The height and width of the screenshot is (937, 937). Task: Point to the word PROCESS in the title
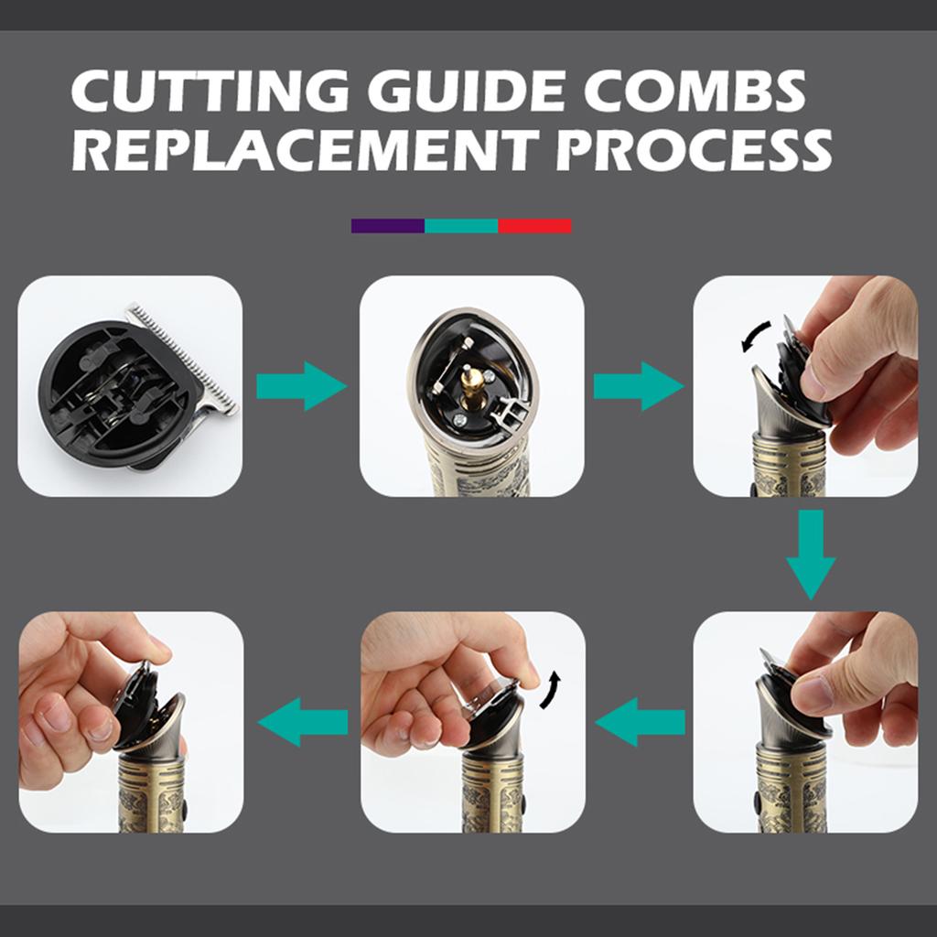pyautogui.click(x=695, y=150)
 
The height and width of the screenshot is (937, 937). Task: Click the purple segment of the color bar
pyautogui.click(x=387, y=225)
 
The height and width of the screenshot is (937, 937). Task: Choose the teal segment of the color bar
pyautogui.click(x=461, y=225)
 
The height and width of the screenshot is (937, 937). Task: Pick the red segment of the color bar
pyautogui.click(x=534, y=225)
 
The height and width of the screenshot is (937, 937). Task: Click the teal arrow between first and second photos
pyautogui.click(x=300, y=386)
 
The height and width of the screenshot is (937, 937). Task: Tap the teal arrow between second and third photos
pyautogui.click(x=638, y=386)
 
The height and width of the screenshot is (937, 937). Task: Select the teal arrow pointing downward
pyautogui.click(x=810, y=555)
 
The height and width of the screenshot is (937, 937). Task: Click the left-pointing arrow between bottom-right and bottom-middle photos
pyautogui.click(x=641, y=722)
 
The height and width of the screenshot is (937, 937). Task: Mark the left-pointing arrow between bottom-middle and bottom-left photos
pyautogui.click(x=303, y=722)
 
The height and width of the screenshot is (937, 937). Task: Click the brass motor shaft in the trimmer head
pyautogui.click(x=474, y=382)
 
